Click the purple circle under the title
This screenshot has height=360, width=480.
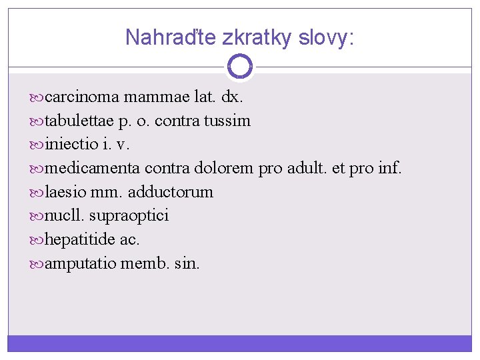pos(239,66)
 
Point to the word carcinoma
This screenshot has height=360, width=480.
pos(82,97)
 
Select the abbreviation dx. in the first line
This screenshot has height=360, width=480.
pos(232,97)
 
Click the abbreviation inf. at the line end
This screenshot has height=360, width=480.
pos(389,169)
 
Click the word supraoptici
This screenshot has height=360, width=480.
pos(129,216)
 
